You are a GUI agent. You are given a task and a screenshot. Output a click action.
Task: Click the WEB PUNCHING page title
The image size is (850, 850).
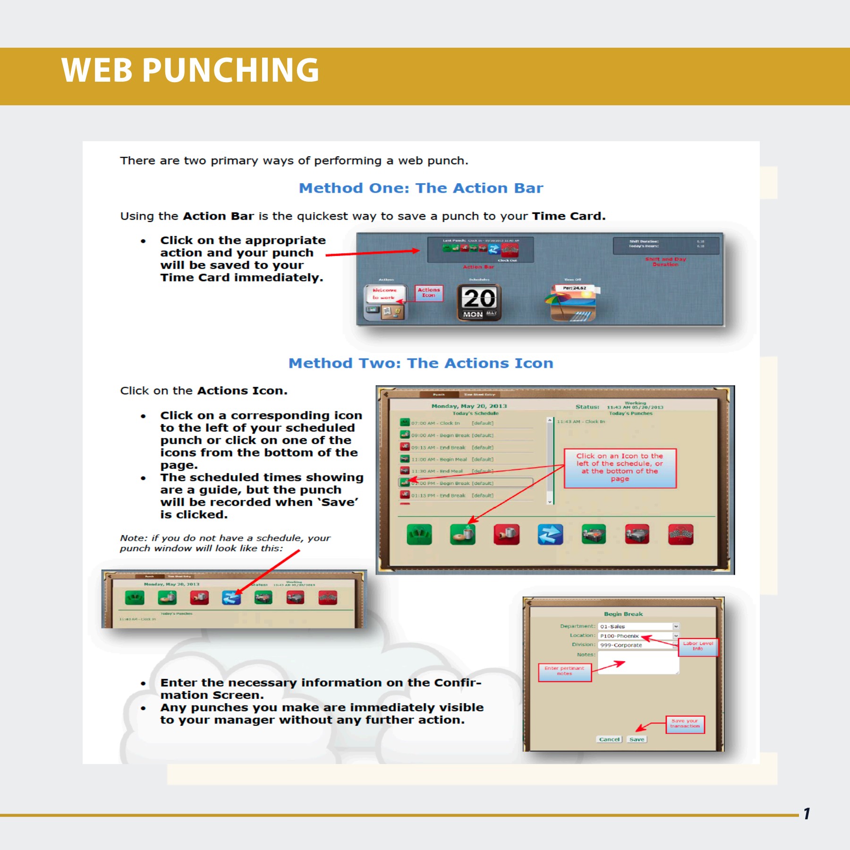click(190, 70)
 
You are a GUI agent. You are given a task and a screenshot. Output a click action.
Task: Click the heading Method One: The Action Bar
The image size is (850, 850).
click(421, 188)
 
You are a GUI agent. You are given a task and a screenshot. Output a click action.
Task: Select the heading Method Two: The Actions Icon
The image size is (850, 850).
click(421, 363)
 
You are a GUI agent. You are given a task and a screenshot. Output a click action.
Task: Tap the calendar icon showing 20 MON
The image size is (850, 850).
click(479, 303)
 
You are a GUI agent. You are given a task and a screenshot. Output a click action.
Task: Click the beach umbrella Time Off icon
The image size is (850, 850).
click(572, 303)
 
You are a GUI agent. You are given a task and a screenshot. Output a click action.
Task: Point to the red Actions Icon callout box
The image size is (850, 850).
click(429, 293)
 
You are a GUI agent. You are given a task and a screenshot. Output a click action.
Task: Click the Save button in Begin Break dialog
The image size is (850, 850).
click(637, 739)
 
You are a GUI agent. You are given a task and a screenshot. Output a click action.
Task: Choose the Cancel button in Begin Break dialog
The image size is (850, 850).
click(609, 739)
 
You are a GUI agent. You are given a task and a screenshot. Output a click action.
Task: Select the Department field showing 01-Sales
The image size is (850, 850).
click(637, 627)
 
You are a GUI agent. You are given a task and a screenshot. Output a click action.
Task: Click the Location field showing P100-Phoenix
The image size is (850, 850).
click(637, 636)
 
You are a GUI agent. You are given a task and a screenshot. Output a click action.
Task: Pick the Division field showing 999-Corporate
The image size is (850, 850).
click(637, 645)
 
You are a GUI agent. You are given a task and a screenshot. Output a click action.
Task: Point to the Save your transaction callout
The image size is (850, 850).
click(685, 723)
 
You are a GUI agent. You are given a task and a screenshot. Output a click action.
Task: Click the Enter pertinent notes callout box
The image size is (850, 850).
click(564, 671)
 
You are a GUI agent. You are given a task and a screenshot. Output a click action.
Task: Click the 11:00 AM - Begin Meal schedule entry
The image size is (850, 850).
click(439, 459)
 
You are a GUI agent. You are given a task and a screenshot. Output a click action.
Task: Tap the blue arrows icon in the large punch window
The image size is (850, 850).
click(550, 535)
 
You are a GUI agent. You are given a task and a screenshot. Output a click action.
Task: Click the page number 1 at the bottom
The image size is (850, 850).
click(807, 814)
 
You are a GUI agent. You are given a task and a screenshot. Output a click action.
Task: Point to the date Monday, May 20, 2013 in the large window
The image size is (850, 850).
click(469, 406)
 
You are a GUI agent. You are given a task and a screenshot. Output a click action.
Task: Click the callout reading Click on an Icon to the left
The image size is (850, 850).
click(620, 467)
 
